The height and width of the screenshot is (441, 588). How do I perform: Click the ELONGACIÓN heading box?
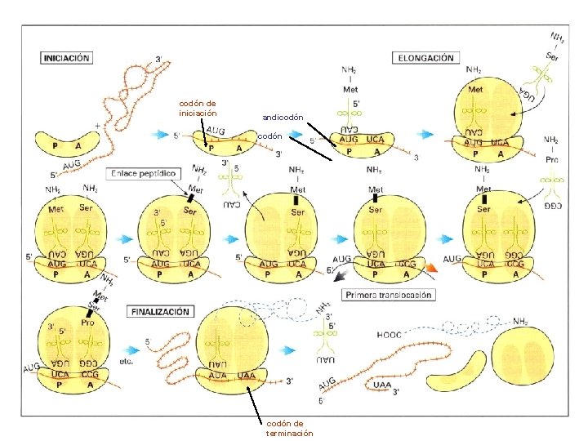click(x=425, y=58)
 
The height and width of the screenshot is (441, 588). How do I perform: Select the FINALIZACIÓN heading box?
click(x=159, y=311)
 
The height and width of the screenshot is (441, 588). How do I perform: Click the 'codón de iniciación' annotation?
click(x=198, y=108)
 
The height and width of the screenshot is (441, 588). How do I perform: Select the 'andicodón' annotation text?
click(x=283, y=118)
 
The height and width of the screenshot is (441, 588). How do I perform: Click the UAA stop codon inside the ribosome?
click(x=246, y=375)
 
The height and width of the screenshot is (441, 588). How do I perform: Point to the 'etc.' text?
click(x=126, y=360)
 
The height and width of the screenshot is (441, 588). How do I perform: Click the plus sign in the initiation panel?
click(x=99, y=126)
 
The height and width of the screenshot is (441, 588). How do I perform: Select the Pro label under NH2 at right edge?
click(x=552, y=159)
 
